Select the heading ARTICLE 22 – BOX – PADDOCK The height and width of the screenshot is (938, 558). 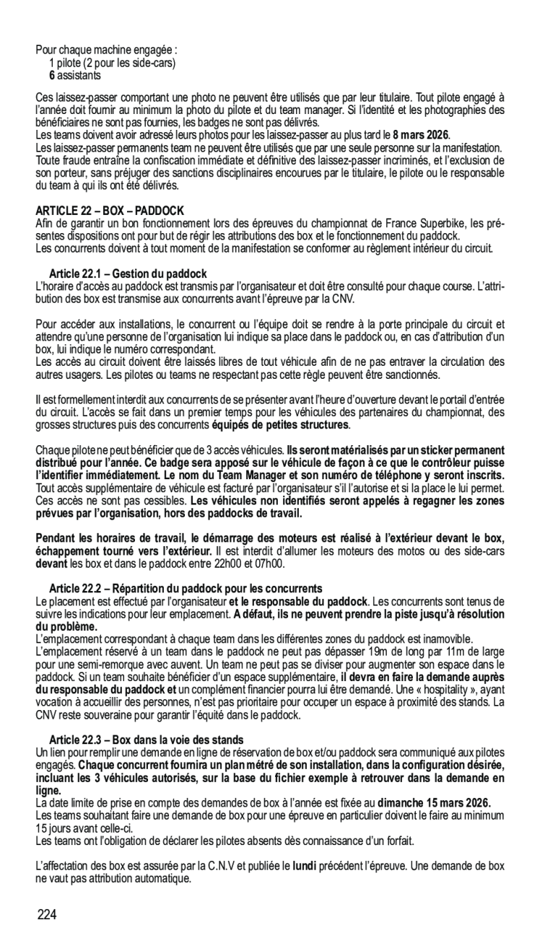tap(110, 211)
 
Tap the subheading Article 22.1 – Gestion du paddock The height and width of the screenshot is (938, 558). tap(128, 273)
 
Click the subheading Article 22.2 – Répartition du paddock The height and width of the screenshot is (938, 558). tap(186, 589)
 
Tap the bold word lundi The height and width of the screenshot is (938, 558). tap(306, 865)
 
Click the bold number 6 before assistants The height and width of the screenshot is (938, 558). tap(52, 75)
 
